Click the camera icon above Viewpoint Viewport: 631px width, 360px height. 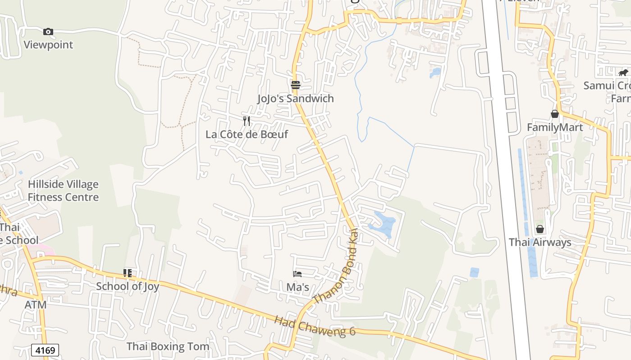point(48,31)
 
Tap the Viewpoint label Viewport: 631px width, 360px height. point(48,45)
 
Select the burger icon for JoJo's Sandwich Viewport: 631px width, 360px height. point(296,85)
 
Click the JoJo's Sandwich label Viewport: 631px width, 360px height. point(296,99)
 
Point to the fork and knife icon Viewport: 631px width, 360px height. point(247,121)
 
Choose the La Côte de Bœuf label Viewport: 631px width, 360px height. point(247,134)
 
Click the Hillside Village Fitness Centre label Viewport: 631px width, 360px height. point(63,191)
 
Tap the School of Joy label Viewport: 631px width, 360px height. point(128,286)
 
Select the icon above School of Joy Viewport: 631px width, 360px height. point(128,273)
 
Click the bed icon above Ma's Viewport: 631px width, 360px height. point(297,274)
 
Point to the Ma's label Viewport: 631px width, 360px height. point(297,287)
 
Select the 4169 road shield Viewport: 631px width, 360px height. point(45,350)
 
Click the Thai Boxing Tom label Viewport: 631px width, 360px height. point(168,346)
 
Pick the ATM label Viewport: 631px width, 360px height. point(35,305)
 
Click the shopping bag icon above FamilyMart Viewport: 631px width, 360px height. point(555,114)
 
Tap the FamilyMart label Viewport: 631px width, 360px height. point(555,127)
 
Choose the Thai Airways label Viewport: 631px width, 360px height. point(540,242)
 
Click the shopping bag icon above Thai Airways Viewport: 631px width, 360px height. point(540,229)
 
